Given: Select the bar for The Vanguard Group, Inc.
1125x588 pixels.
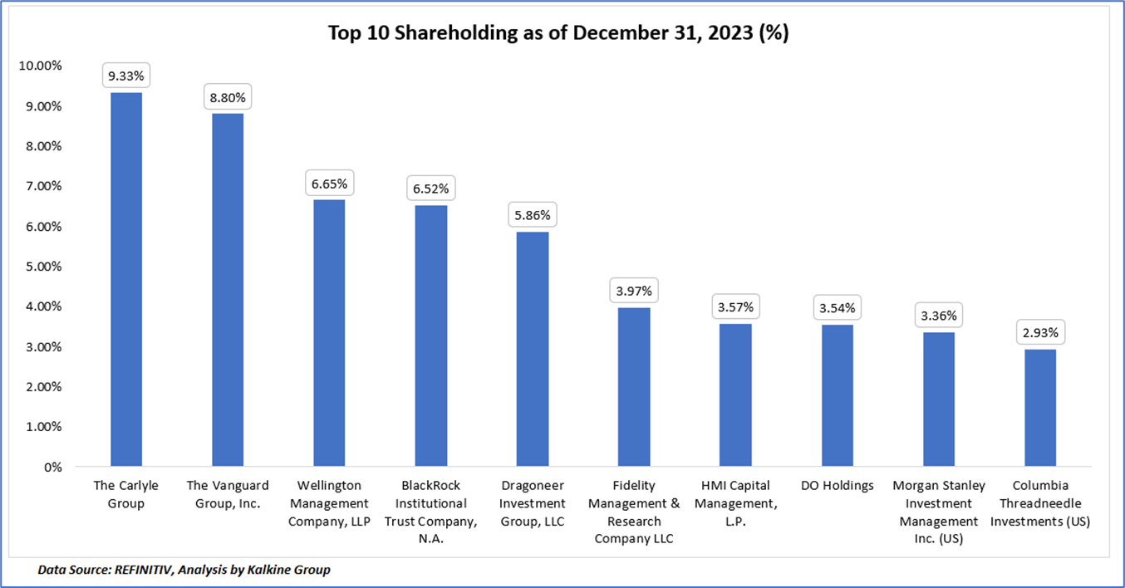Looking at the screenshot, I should coord(228,290).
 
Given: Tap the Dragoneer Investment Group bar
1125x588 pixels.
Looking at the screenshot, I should coord(532,349).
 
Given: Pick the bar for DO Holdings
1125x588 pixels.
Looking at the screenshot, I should coord(837,395).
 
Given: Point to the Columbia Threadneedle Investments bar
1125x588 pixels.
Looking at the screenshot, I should coord(1040,408).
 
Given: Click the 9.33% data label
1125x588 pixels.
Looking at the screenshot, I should coord(126,76).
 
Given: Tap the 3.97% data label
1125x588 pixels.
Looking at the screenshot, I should coord(634,292).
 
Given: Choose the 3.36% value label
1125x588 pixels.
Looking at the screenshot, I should coord(939,316).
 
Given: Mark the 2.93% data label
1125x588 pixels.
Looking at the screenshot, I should coord(1040,333).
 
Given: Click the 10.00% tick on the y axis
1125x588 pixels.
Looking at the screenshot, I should coord(40,66).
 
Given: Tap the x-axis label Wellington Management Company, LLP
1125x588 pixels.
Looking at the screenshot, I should coord(329,503).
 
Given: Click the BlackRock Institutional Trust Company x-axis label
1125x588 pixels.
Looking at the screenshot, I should coord(430,512).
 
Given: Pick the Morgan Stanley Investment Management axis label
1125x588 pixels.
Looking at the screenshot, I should coord(939,512).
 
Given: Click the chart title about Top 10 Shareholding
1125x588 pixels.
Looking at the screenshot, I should coord(562,33).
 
